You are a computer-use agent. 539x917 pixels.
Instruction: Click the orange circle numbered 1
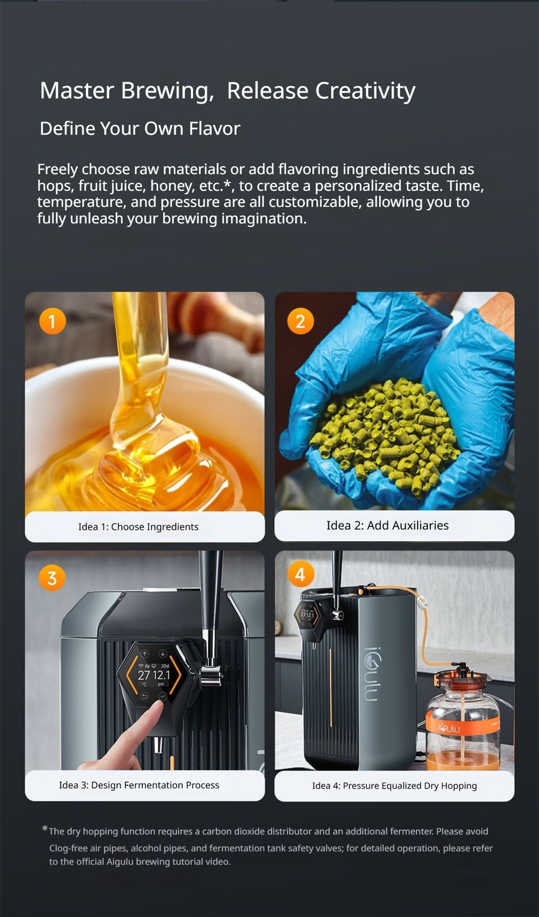tap(52, 321)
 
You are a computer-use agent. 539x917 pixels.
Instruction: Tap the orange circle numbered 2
tap(300, 321)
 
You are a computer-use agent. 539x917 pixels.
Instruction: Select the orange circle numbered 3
tap(52, 578)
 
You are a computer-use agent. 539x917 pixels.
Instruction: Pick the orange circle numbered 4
tap(300, 574)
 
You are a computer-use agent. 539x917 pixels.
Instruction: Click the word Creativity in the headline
tap(365, 91)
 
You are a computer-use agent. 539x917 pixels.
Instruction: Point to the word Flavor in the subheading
tap(215, 129)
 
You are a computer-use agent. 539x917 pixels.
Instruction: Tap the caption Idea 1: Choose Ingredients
tap(138, 527)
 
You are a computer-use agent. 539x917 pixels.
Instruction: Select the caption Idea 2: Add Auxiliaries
tap(387, 526)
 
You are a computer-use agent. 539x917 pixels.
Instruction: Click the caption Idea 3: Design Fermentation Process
tap(139, 785)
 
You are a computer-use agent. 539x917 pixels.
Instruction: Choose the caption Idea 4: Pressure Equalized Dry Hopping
tap(394, 786)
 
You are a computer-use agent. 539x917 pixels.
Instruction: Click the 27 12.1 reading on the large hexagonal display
tap(153, 675)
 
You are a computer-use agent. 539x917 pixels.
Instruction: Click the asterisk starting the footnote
tap(44, 829)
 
